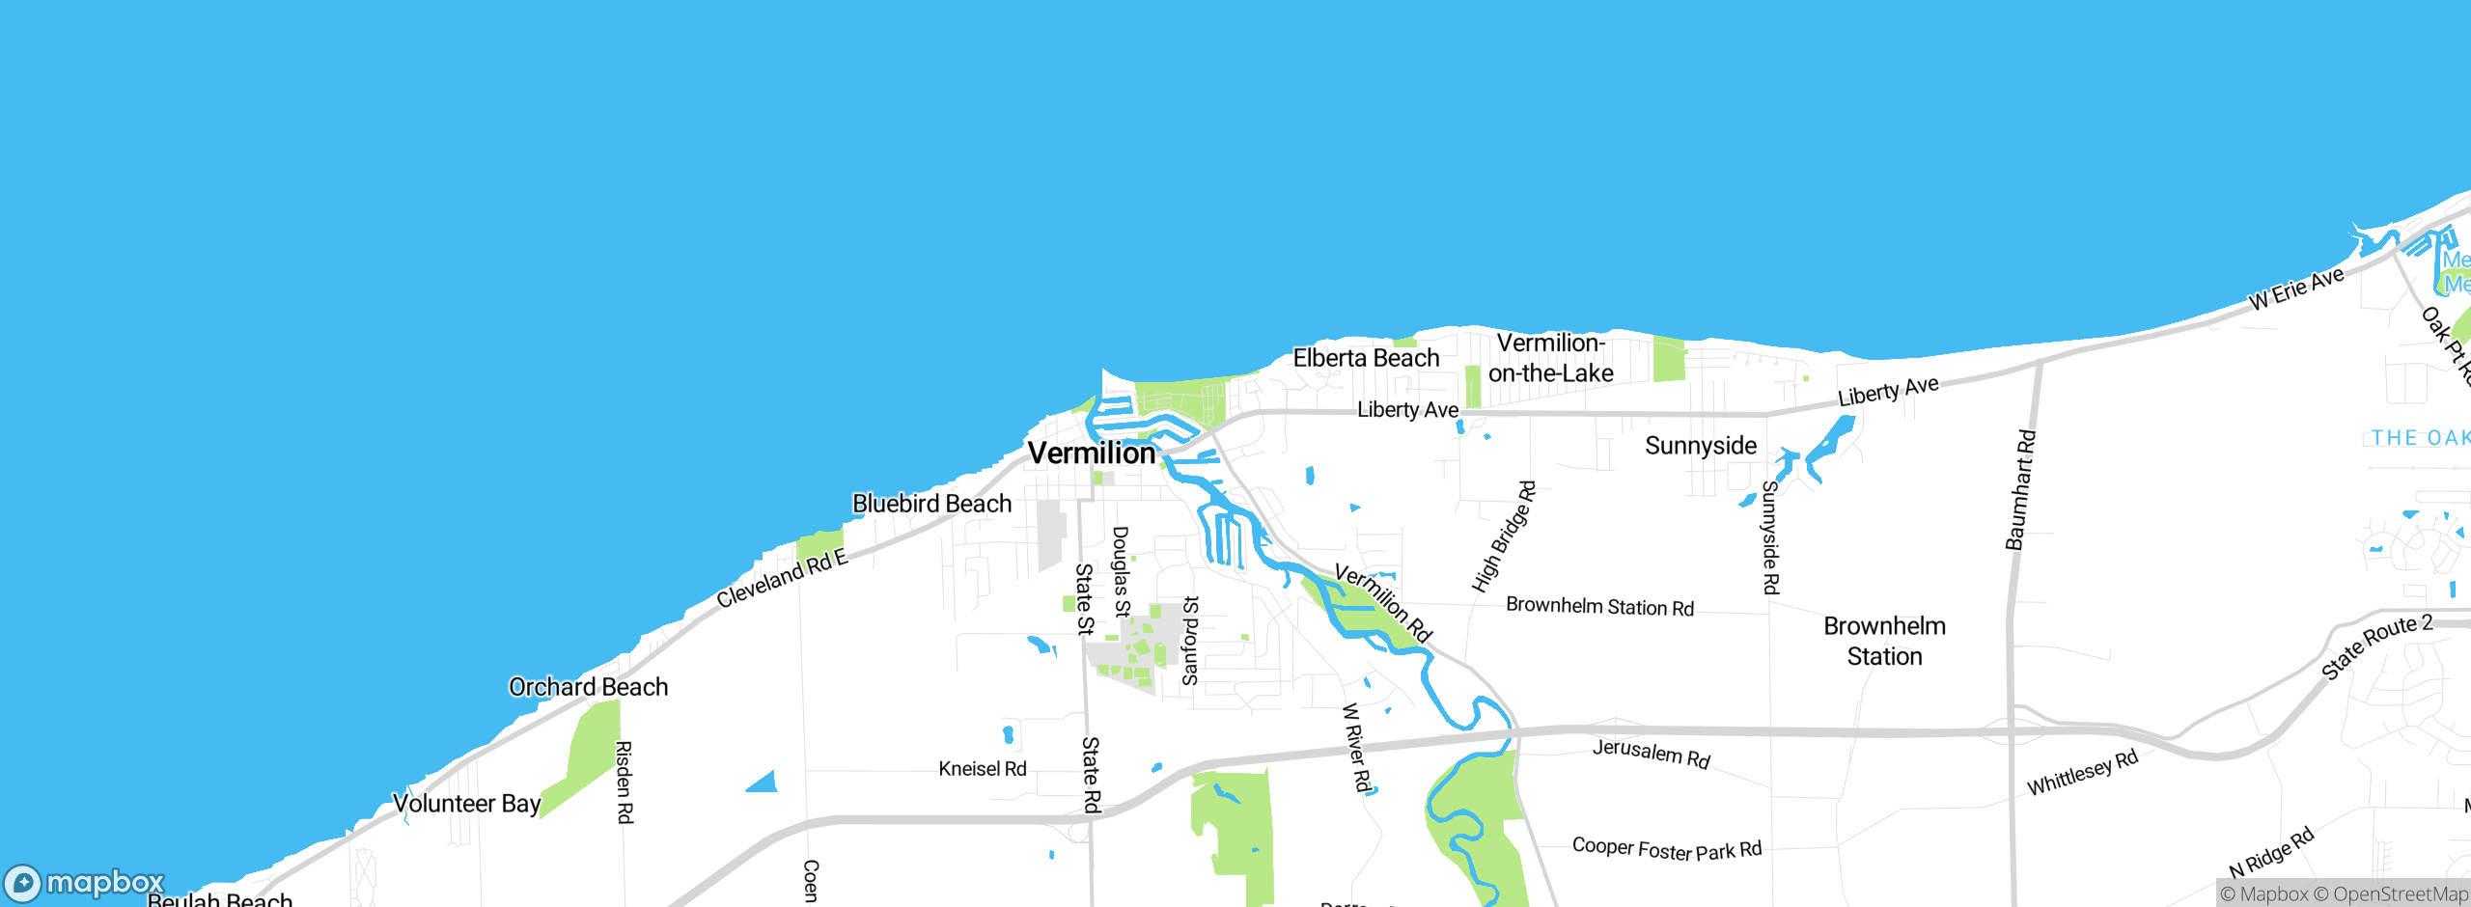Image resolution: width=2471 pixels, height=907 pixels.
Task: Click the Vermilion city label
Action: click(x=1091, y=453)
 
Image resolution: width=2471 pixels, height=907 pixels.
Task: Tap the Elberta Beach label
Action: click(x=1366, y=358)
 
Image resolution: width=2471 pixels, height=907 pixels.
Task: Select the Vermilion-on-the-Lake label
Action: click(x=1550, y=358)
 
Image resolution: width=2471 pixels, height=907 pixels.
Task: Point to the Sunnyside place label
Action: click(x=1700, y=446)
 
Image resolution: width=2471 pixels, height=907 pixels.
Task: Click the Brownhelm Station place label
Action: click(x=1884, y=641)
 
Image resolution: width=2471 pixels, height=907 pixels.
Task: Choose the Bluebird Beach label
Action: click(x=931, y=504)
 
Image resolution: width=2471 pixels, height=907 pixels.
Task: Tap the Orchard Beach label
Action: click(x=588, y=687)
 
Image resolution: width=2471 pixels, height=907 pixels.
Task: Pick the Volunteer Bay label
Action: click(x=466, y=803)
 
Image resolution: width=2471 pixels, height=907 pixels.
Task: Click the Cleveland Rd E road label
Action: click(x=781, y=577)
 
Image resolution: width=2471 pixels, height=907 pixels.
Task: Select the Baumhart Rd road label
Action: click(x=2020, y=490)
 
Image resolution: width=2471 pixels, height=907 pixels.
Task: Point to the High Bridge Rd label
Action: click(x=1503, y=536)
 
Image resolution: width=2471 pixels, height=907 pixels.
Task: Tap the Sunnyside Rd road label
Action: click(x=1770, y=537)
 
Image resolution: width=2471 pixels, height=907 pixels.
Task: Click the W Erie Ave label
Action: click(x=2296, y=288)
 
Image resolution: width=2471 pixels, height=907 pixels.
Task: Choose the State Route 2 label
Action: click(x=2375, y=646)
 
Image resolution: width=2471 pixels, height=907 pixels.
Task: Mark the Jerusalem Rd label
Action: click(x=1651, y=753)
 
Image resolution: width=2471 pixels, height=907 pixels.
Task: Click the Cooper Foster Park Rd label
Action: click(x=1666, y=849)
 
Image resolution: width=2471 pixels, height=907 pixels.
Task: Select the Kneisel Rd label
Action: click(x=982, y=769)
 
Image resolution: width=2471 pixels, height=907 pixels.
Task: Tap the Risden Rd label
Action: click(x=625, y=782)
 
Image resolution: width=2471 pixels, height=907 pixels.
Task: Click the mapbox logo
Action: click(x=85, y=882)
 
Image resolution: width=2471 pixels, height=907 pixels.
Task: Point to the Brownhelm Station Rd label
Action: click(x=1599, y=606)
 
